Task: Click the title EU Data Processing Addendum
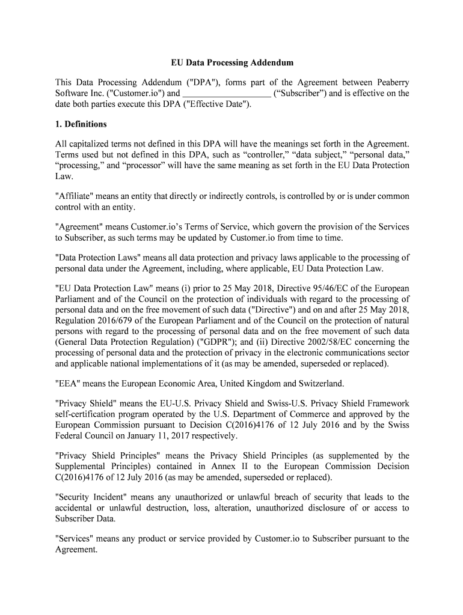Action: point(231,62)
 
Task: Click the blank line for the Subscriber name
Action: point(225,94)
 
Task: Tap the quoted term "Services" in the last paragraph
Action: point(76,539)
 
